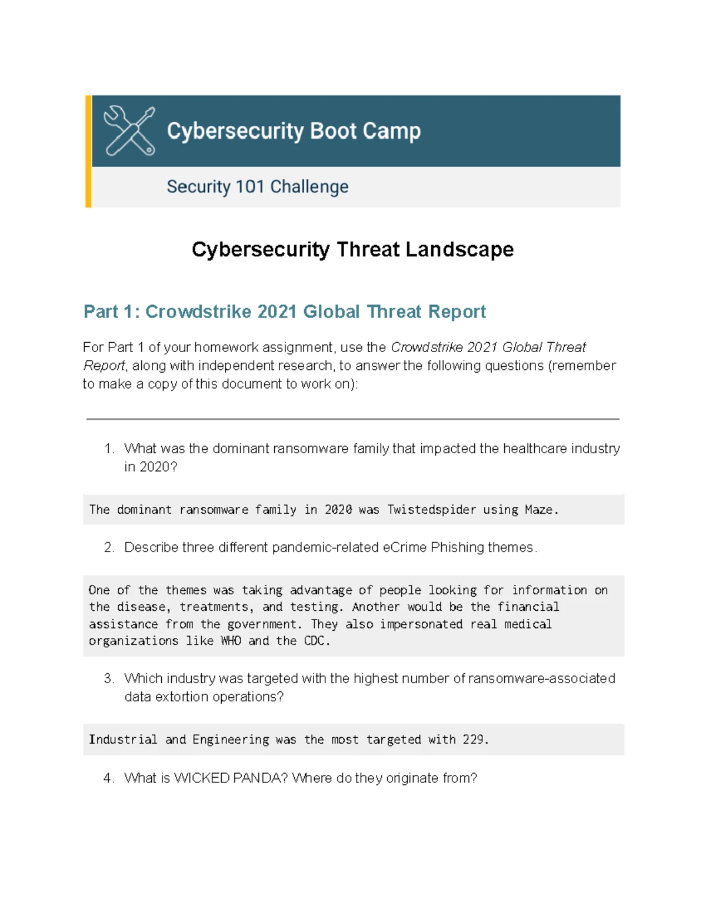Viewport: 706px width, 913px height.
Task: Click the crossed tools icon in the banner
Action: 129,131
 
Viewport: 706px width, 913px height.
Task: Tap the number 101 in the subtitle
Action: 249,187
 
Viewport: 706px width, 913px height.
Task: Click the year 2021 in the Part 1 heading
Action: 277,312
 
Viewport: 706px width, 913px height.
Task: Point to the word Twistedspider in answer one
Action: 431,510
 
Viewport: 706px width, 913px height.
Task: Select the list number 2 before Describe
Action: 109,547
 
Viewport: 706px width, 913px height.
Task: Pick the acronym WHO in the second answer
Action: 231,641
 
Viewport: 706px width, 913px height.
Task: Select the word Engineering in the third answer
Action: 231,740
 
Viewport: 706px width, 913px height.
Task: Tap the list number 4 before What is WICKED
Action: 108,778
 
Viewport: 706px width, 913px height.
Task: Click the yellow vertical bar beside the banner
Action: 88,151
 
